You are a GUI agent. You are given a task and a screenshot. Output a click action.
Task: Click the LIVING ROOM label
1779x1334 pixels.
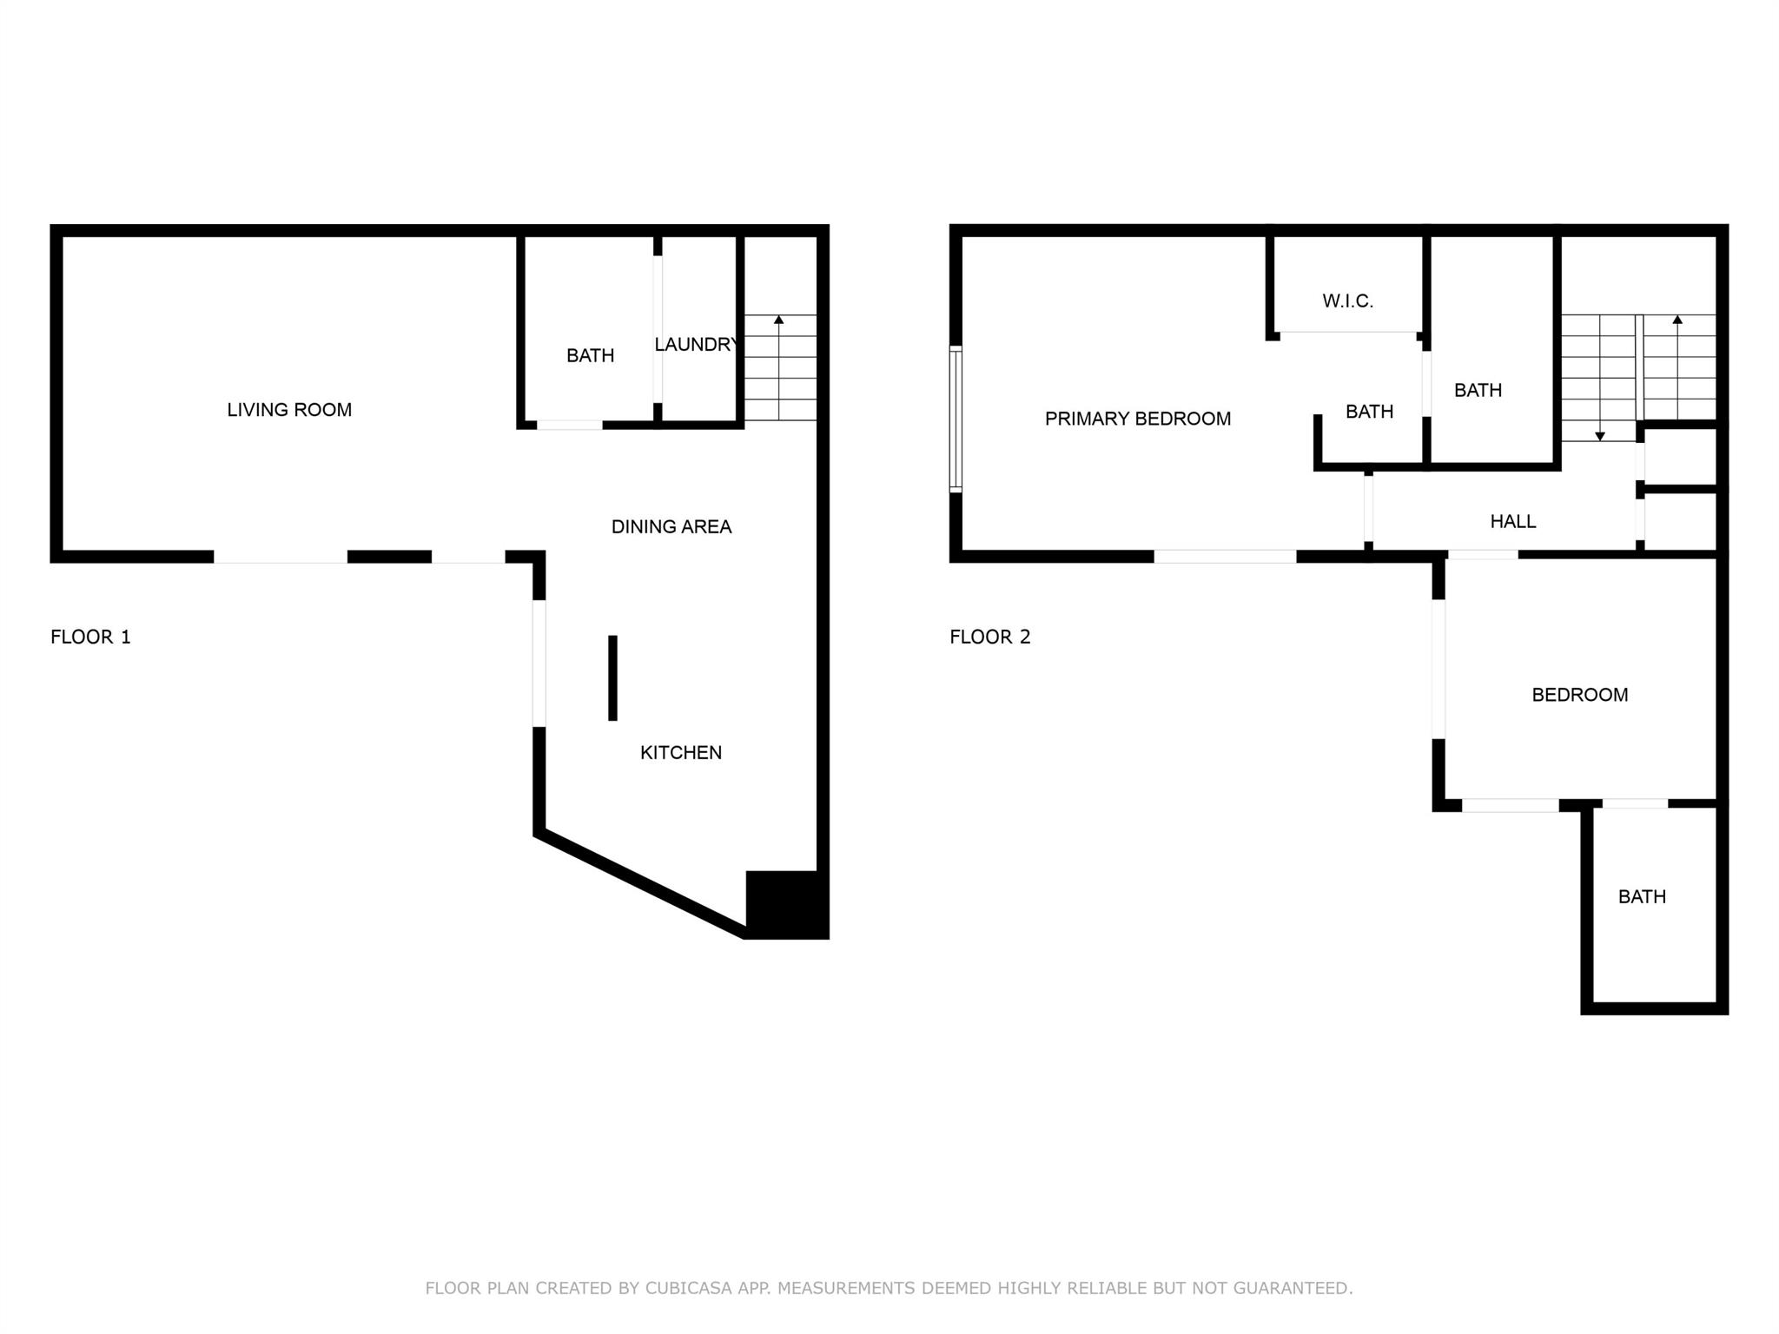[289, 410]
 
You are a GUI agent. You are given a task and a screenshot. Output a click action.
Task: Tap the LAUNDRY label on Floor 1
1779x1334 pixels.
[696, 345]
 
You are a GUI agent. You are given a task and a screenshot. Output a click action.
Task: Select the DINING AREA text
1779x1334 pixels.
[671, 526]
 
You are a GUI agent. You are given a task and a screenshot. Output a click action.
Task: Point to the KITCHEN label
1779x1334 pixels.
[681, 753]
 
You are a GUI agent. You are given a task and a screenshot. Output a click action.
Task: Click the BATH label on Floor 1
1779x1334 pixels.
[590, 355]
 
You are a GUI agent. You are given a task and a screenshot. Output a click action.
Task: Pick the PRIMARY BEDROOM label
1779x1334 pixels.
[1137, 419]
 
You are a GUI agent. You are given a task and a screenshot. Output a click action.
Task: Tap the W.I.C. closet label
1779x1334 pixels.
[1347, 301]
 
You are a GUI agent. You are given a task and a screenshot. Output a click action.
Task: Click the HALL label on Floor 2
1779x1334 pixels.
[1512, 521]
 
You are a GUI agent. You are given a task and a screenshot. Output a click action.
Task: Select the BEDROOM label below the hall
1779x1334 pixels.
[1579, 695]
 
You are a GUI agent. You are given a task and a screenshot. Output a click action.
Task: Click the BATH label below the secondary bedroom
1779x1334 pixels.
[1641, 896]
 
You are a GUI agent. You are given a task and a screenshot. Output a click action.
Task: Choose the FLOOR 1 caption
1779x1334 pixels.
[90, 637]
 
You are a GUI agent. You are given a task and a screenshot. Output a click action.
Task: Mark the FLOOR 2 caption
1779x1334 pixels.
[989, 637]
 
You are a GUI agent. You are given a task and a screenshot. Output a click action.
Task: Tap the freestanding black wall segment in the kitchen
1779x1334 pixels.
[612, 677]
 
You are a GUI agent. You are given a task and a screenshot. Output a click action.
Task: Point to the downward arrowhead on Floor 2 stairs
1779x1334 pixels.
[1600, 436]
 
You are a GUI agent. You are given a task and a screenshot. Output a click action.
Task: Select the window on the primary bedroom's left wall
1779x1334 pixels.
[956, 419]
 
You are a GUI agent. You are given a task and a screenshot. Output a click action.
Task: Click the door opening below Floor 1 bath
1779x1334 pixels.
[569, 425]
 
